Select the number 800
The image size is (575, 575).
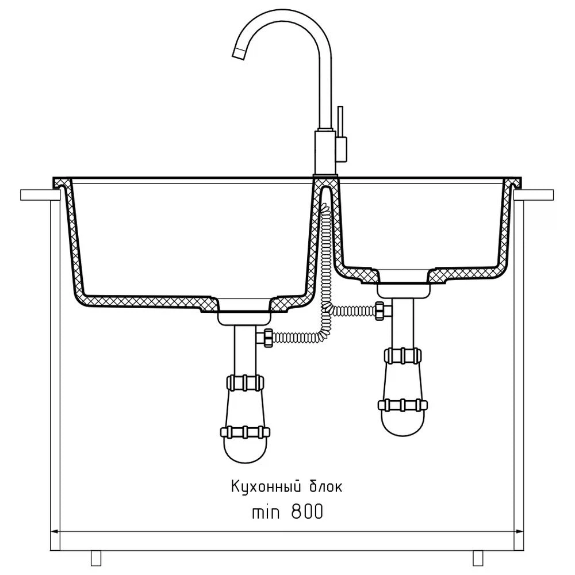(307, 512)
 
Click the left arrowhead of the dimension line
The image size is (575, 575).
(54, 531)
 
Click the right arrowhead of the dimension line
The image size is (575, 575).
(520, 531)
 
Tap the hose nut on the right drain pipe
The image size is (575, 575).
(380, 311)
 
